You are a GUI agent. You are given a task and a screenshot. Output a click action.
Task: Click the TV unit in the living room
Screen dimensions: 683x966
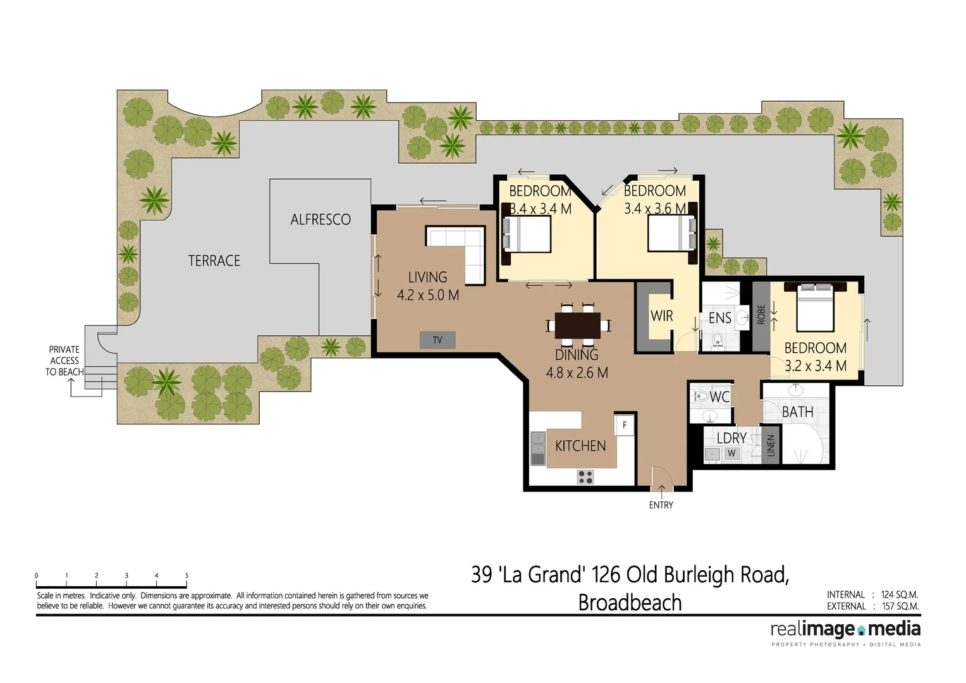437,340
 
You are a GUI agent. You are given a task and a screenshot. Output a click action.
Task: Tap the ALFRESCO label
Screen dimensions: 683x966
321,219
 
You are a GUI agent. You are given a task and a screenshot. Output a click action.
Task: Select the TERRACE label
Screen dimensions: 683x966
214,261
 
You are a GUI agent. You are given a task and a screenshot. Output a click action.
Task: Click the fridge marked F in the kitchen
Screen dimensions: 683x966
625,425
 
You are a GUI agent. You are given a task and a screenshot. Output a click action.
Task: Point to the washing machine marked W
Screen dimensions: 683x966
731,453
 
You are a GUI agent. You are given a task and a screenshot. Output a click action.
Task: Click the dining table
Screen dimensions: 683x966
578,326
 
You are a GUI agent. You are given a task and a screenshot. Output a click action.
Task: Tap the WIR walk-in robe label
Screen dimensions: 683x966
661,316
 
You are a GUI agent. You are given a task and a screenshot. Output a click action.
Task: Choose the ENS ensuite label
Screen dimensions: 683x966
719,318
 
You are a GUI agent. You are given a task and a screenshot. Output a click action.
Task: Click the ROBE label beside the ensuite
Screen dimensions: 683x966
761,314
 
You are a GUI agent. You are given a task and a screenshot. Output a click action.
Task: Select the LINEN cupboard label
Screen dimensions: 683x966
770,446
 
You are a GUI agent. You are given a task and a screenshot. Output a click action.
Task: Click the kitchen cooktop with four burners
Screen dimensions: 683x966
585,476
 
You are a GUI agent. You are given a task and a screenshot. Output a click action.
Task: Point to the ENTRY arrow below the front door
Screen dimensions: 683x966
661,491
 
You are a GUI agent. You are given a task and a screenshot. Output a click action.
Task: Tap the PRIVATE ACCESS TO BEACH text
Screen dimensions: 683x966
64,360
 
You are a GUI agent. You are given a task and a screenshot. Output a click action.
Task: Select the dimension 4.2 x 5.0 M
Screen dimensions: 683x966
428,295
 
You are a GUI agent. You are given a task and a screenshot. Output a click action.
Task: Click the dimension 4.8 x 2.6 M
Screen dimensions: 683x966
577,372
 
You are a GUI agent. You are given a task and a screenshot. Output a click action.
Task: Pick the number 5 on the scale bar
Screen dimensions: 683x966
186,575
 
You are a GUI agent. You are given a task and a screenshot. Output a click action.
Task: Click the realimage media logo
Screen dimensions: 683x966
845,630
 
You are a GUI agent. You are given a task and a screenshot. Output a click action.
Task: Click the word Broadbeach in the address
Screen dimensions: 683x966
630,603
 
